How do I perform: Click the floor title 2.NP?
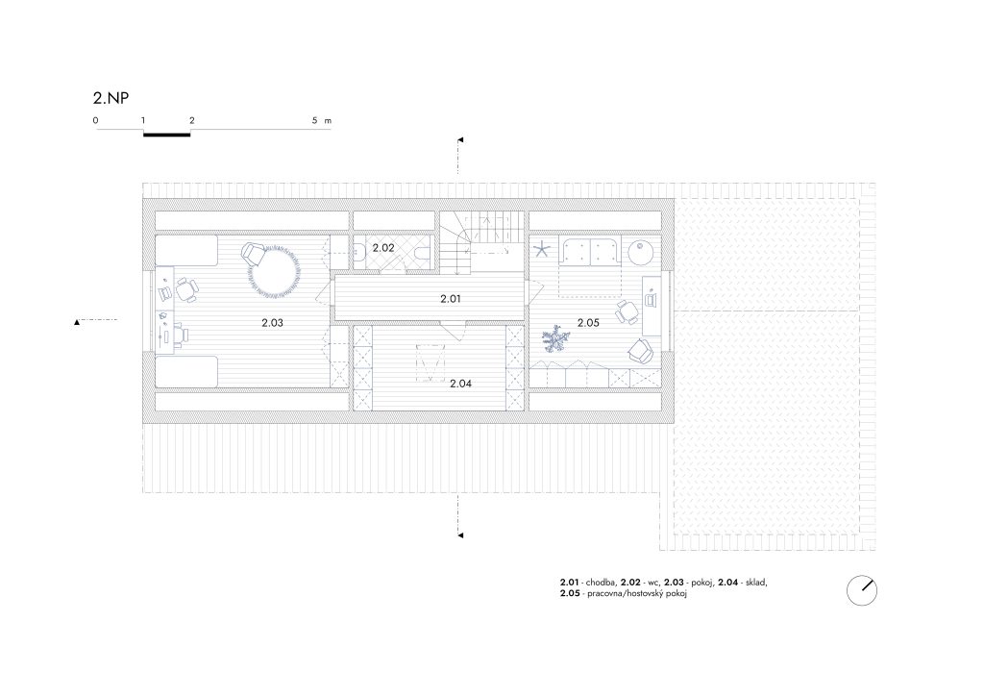click(x=111, y=98)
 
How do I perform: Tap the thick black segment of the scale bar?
click(x=167, y=134)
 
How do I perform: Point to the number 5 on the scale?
click(x=315, y=120)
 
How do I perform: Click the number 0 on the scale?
click(x=95, y=120)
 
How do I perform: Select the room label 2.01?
click(x=451, y=299)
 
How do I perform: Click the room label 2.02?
click(x=383, y=248)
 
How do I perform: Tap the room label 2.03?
click(x=272, y=323)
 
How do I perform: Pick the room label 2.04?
click(x=460, y=384)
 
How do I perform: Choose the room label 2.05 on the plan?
click(x=589, y=323)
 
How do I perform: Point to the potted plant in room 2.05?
click(x=555, y=338)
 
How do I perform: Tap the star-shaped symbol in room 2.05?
click(x=542, y=250)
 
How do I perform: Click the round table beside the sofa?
click(x=641, y=252)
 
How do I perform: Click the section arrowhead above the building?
click(x=460, y=140)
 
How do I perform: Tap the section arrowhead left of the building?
click(x=77, y=322)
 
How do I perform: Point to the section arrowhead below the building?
click(x=460, y=535)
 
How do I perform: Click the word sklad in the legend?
click(x=755, y=583)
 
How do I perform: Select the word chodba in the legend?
click(x=601, y=583)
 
